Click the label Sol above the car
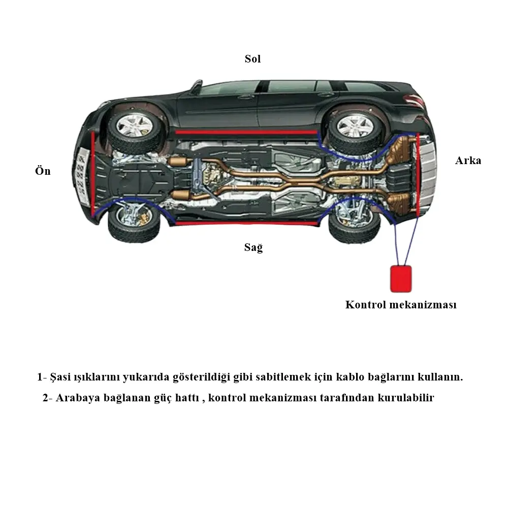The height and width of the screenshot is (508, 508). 252,59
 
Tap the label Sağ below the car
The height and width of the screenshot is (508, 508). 253,248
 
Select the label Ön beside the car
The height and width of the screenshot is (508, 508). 43,171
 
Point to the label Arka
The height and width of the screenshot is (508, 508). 467,161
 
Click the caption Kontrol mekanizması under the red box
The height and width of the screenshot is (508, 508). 401,305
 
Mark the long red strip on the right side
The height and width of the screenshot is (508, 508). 246,223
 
